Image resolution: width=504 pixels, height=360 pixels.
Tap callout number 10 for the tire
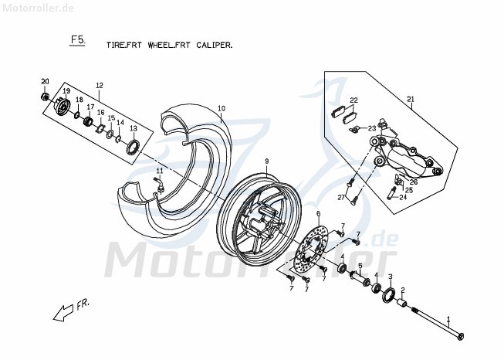pos(221,108)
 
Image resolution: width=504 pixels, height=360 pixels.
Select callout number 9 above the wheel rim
pos(266,161)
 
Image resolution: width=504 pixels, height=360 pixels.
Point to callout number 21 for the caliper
pos(411,98)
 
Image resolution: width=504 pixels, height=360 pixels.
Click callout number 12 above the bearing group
pos(99,85)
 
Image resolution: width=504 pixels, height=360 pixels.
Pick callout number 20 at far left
pos(45,82)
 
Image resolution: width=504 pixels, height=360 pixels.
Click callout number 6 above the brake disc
pos(318,213)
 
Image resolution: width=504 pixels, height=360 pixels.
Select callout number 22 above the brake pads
pos(354,100)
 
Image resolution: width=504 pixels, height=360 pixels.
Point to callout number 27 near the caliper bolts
pos(339,198)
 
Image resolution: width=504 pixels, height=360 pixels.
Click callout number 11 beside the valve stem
pos(160,171)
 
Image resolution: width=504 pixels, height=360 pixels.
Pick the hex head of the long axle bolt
pos(461,335)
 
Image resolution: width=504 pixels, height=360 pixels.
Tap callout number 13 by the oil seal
pos(133,129)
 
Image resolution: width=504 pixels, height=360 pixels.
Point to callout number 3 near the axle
pos(390,277)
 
